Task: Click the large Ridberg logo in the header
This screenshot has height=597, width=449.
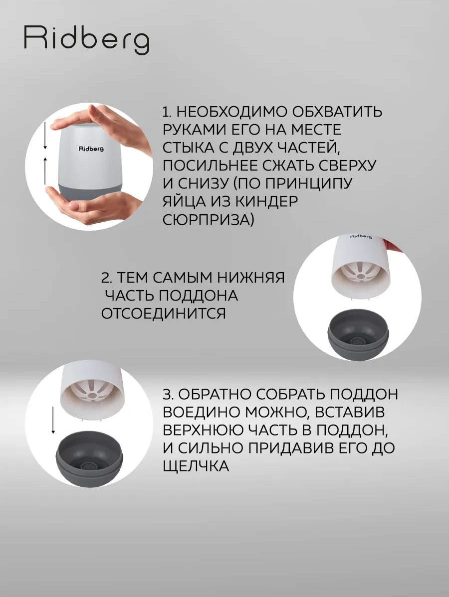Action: point(86,40)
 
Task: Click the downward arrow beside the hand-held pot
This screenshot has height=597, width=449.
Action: point(45,136)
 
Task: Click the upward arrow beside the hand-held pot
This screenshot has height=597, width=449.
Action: point(45,171)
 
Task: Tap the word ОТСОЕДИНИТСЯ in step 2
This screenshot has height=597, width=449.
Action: point(163,313)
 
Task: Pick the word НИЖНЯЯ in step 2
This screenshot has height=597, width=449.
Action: point(251,278)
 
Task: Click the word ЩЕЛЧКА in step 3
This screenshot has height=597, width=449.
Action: point(196,465)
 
